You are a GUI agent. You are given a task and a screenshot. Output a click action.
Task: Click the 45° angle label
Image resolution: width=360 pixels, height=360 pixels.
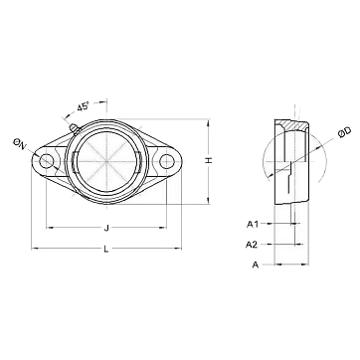tap(84, 106)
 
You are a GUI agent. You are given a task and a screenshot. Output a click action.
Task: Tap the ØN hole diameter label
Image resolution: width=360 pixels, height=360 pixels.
tap(19, 145)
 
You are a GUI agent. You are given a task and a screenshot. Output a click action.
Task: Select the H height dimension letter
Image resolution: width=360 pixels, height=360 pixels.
tap(208, 161)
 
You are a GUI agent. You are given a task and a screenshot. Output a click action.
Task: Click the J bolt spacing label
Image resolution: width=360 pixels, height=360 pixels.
tap(106, 228)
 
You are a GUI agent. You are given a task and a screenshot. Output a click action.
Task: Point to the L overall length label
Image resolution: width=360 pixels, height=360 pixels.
tap(106, 249)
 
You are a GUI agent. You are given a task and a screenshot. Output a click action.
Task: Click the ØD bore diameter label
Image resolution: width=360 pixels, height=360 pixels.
tap(344, 132)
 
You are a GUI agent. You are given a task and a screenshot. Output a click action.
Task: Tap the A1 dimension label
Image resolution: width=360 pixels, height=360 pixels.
tap(253, 225)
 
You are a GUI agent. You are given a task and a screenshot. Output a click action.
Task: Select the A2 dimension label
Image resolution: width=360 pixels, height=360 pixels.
tap(252, 245)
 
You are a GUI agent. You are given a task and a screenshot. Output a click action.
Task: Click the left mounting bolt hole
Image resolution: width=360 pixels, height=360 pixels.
tap(46, 161)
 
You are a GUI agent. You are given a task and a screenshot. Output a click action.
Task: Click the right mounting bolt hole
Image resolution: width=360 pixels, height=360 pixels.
tap(166, 161)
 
